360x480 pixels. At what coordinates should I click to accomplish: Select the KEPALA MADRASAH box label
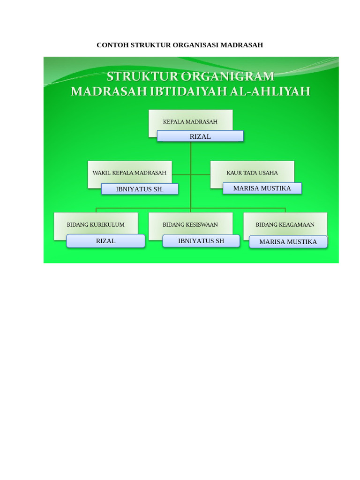coord(190,121)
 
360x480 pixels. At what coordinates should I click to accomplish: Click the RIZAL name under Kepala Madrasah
coord(200,136)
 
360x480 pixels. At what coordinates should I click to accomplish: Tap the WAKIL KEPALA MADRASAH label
coord(129,172)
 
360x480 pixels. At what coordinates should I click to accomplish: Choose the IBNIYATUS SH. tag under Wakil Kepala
coord(140,189)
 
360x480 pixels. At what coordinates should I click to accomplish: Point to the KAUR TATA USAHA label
coord(252,172)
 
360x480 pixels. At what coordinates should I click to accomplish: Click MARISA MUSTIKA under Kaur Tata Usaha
coord(262,188)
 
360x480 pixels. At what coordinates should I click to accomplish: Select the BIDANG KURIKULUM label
coord(96,225)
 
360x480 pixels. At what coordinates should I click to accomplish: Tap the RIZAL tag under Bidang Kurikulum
coord(105,241)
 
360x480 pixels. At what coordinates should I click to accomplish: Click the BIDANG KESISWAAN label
coord(190,225)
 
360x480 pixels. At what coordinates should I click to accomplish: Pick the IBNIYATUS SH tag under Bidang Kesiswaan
coord(201,241)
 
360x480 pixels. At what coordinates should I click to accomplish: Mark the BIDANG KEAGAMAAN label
coord(285,225)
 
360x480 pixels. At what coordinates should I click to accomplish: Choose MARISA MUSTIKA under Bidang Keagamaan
coord(288,242)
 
